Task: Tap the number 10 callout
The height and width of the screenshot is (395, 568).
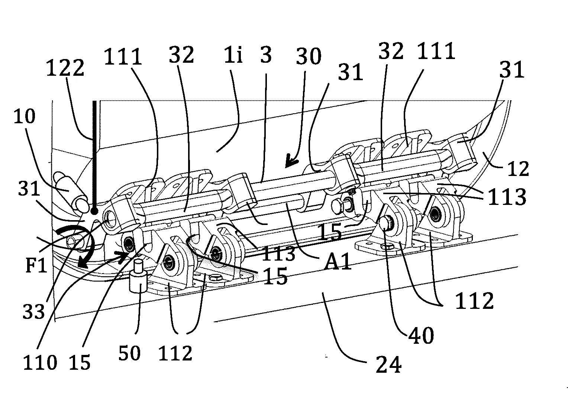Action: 25,117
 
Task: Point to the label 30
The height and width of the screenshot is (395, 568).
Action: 309,57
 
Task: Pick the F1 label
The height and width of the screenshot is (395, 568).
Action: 36,266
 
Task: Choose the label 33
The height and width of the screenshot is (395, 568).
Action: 34,311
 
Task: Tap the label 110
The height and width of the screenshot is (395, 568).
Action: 40,362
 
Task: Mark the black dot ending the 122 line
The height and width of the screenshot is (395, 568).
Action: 94,211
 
